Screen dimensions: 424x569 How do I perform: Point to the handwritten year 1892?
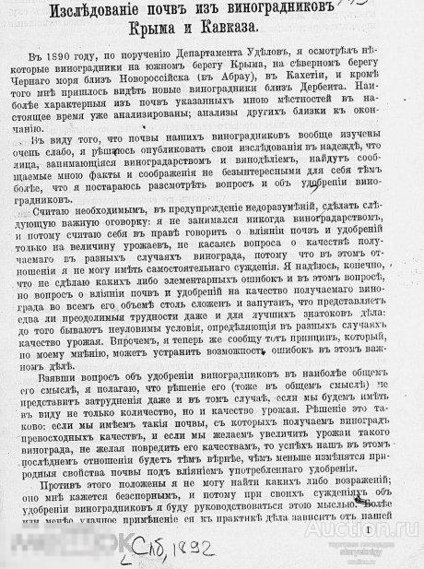click(x=194, y=548)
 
